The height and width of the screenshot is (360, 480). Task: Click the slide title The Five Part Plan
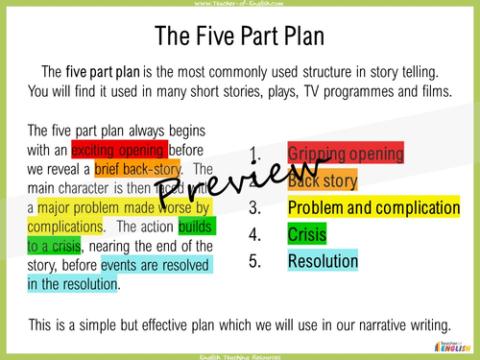click(x=239, y=37)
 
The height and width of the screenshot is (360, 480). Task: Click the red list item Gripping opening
click(x=346, y=154)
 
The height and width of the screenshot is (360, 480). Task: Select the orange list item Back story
click(x=323, y=180)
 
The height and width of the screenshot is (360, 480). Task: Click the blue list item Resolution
click(x=324, y=259)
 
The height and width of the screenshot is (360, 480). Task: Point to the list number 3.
click(x=254, y=207)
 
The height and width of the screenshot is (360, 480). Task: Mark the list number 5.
click(x=254, y=259)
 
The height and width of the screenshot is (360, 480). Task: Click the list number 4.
click(x=254, y=233)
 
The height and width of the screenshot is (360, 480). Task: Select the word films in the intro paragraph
click(x=434, y=91)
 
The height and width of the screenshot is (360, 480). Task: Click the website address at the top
click(x=239, y=4)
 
